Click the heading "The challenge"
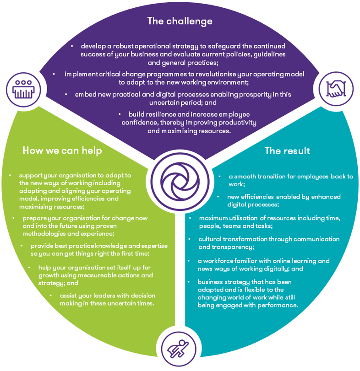[180, 21]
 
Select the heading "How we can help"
[62, 151]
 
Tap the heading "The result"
[287, 151]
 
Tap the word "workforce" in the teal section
[220, 261]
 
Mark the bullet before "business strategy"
[190, 282]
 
